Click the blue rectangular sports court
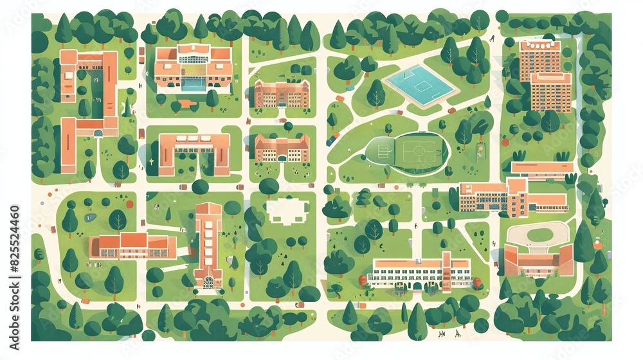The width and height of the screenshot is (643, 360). pyautogui.click(x=420, y=85)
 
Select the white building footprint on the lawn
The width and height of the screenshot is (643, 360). pyautogui.click(x=287, y=210)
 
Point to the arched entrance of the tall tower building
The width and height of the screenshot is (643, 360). pyautogui.click(x=208, y=282)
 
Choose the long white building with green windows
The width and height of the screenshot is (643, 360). pyautogui.click(x=421, y=273)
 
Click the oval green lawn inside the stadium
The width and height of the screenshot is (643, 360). pyautogui.click(x=539, y=235)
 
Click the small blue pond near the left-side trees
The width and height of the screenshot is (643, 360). pyautogui.click(x=90, y=217)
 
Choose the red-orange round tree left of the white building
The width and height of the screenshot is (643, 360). pyautogui.click(x=363, y=280)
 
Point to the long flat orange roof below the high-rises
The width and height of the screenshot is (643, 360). pyautogui.click(x=541, y=168)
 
